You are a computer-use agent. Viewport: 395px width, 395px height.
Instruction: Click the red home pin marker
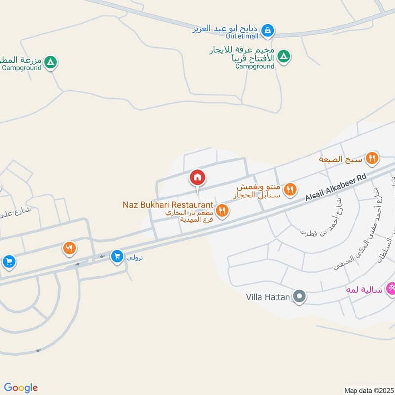(x=197, y=178)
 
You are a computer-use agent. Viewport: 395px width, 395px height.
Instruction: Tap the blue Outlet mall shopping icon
(x=267, y=31)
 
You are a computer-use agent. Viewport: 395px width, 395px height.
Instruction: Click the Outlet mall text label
(x=242, y=36)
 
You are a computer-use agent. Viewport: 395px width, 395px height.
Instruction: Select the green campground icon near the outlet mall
(x=283, y=56)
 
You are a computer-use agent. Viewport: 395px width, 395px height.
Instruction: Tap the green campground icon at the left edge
(x=50, y=62)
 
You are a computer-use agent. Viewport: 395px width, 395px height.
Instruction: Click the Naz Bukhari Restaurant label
(x=168, y=204)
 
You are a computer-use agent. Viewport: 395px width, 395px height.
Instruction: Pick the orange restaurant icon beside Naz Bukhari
(x=222, y=211)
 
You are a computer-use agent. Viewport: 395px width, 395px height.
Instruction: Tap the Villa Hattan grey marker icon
(x=299, y=297)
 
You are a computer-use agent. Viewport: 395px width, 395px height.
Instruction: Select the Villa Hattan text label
(x=268, y=297)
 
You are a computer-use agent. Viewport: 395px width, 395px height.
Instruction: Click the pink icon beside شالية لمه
(x=391, y=288)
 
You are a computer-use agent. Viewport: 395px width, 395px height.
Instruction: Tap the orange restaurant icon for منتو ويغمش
(x=291, y=188)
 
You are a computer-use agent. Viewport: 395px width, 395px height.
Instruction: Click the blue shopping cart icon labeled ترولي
(x=117, y=256)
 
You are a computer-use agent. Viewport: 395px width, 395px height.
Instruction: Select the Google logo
(x=21, y=388)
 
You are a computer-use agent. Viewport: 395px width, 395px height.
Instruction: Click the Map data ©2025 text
(x=367, y=390)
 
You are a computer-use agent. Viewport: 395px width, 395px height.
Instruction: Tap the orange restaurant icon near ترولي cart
(x=69, y=248)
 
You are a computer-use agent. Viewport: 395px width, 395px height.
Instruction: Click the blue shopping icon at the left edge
(x=8, y=261)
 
